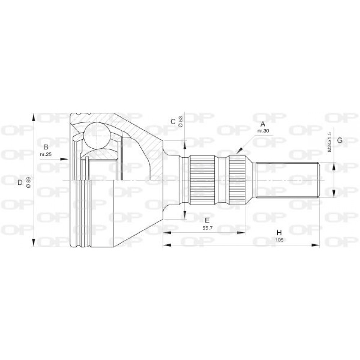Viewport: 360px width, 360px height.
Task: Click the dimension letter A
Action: click(263, 124)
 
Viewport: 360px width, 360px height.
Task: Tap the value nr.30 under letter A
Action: click(263, 131)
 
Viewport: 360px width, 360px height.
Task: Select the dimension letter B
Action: click(46, 147)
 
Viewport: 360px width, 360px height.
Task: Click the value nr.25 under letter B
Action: click(46, 154)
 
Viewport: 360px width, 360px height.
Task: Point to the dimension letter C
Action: click(173, 122)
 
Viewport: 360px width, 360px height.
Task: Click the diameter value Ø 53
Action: click(181, 122)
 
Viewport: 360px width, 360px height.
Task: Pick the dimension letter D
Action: click(20, 183)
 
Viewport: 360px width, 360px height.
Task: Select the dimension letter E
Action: click(207, 220)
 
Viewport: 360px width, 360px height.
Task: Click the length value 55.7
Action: click(207, 228)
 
